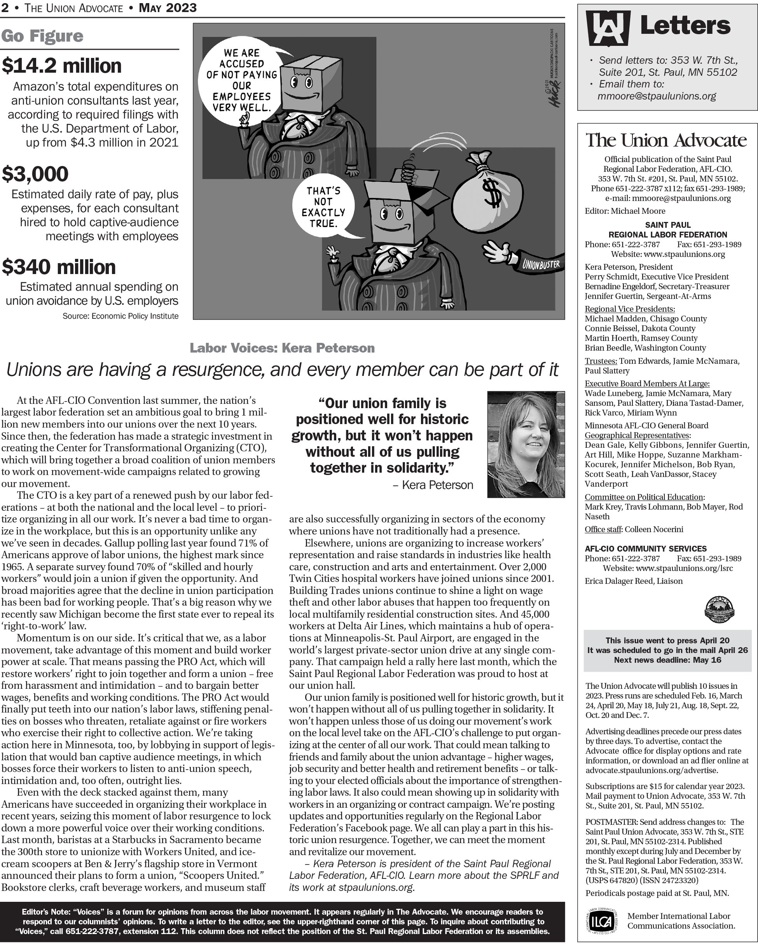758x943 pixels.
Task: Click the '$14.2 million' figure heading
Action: (x=62, y=66)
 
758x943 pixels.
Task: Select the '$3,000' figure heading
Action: (x=35, y=174)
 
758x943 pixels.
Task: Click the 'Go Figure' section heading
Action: (x=42, y=36)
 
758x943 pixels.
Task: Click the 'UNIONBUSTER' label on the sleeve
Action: (x=541, y=264)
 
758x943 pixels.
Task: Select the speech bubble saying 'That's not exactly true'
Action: (x=323, y=208)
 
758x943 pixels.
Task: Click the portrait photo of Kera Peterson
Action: (x=526, y=444)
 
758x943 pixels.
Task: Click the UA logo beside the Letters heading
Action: (x=608, y=28)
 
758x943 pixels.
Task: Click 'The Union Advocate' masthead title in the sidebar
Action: (x=666, y=140)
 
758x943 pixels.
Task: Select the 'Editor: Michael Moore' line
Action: (x=625, y=211)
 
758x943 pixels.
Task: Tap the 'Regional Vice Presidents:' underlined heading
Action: (x=629, y=309)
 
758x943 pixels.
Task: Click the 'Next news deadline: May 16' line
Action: (x=667, y=660)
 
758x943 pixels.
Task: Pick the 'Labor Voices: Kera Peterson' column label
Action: (x=282, y=348)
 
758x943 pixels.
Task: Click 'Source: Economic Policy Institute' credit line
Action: (x=120, y=316)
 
